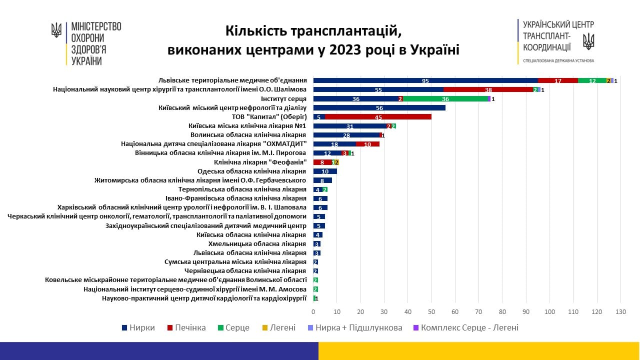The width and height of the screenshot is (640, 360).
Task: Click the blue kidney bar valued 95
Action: pyautogui.click(x=425, y=80)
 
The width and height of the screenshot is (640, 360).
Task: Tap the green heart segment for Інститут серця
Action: pyautogui.click(x=445, y=99)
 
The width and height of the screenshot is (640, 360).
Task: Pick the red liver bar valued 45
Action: pyautogui.click(x=378, y=117)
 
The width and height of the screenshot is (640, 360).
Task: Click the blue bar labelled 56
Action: pyautogui.click(x=379, y=108)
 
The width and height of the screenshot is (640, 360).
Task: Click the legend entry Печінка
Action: pyautogui.click(x=187, y=328)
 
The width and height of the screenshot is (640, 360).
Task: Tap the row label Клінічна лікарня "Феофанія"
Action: pyautogui.click(x=260, y=162)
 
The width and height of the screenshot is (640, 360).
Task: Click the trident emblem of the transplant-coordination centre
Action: pyautogui.click(x=588, y=41)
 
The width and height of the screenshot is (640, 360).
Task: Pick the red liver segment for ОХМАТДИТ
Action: pyautogui.click(x=367, y=144)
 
